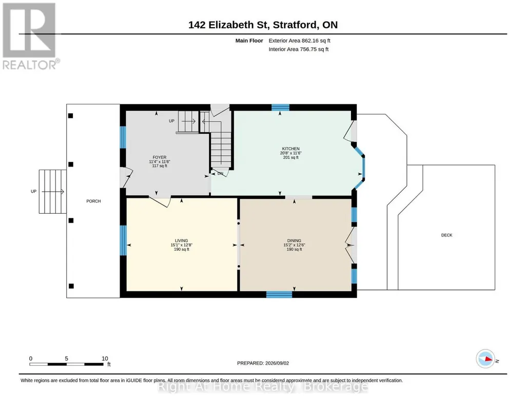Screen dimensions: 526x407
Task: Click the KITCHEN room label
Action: coord(290,149)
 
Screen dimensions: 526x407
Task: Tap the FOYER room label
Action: coord(160,157)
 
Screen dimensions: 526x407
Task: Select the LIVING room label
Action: coord(181,240)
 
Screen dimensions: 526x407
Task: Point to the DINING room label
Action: coord(294,240)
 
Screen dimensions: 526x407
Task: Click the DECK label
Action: coord(446,235)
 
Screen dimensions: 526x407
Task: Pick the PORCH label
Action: coord(93,201)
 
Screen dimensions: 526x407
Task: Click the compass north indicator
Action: coord(485,359)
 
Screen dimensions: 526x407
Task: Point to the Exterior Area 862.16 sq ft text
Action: coord(299,41)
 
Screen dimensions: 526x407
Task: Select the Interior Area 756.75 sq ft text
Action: coord(299,49)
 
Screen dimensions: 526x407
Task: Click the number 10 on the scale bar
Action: coord(105,359)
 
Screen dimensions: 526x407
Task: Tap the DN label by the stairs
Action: coord(220,174)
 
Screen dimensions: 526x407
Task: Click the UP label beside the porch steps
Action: coord(33,191)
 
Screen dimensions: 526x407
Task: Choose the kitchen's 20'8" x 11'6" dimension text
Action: coord(290,153)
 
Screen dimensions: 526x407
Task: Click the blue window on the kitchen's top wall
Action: coord(280,107)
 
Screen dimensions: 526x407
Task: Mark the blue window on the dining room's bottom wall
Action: coord(279,294)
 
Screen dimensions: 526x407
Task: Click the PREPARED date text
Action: coord(263,363)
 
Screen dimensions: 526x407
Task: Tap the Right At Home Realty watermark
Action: coord(263,386)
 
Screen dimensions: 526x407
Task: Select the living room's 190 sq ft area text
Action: coord(182,249)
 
